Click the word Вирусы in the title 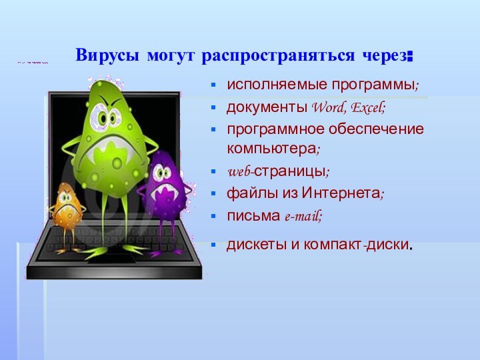[101, 55]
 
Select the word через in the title [383, 55]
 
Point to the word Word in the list [327, 107]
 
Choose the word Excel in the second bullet [367, 107]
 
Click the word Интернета [341, 193]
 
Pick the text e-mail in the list [303, 215]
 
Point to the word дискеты [251, 244]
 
